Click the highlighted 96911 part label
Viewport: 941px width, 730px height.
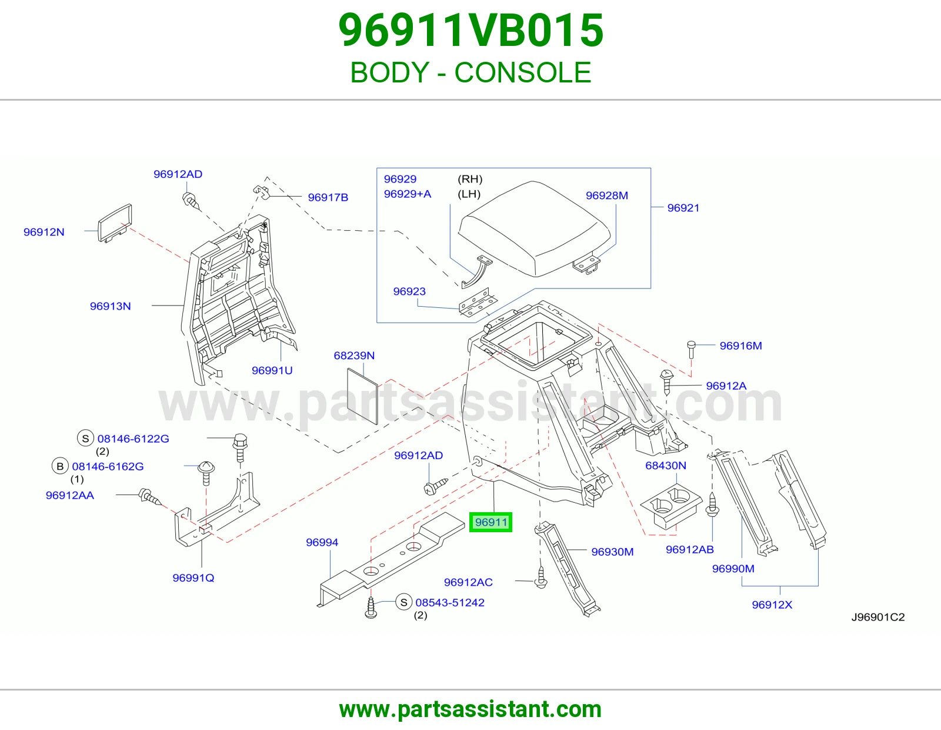(490, 522)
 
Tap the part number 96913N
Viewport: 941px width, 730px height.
(110, 306)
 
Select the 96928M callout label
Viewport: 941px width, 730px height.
(607, 195)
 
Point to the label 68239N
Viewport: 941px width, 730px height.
(354, 356)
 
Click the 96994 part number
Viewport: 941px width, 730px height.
(322, 542)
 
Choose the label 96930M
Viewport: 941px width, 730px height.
(612, 552)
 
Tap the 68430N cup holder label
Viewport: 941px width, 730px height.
(666, 466)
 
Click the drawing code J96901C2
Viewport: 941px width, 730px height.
(877, 618)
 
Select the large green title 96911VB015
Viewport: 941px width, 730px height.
(470, 31)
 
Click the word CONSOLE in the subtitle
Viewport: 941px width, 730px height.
(523, 72)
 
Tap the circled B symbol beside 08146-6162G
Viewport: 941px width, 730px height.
(60, 466)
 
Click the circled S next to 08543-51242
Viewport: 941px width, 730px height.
(403, 602)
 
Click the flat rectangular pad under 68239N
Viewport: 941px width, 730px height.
(363, 396)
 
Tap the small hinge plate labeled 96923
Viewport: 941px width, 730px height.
(478, 302)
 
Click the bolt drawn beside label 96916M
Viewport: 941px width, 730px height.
(691, 350)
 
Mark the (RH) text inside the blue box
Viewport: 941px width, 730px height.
(470, 179)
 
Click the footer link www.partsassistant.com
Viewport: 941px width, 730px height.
(470, 709)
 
